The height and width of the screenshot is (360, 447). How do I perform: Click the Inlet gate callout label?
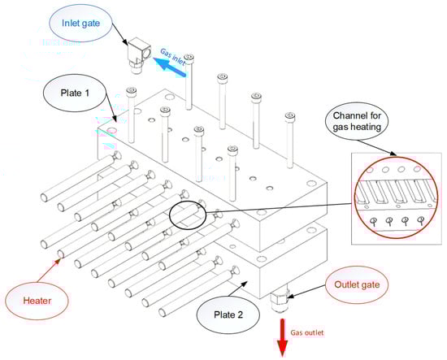point(81,23)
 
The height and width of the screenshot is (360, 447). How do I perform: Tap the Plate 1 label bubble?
point(75,93)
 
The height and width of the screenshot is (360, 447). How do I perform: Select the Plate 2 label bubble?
point(228,314)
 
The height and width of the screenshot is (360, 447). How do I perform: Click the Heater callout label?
point(37,301)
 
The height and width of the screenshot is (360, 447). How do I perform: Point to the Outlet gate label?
point(357,284)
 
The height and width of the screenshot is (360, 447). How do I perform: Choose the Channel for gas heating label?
point(357,121)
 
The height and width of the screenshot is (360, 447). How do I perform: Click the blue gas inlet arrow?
point(170,67)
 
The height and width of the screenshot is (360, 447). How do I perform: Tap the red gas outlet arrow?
point(282,338)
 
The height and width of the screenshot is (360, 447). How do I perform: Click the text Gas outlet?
point(307,332)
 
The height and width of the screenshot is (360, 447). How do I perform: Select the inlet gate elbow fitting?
point(138,55)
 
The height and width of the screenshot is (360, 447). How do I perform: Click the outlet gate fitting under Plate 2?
point(280,301)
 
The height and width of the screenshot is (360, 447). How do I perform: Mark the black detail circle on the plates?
point(188,215)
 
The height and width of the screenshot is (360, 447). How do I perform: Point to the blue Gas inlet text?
point(173,57)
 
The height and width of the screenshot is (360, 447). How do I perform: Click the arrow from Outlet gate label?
point(306,292)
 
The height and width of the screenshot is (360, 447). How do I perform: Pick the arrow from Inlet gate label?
point(119,34)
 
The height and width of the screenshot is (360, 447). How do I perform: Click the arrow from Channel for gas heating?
point(377,148)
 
